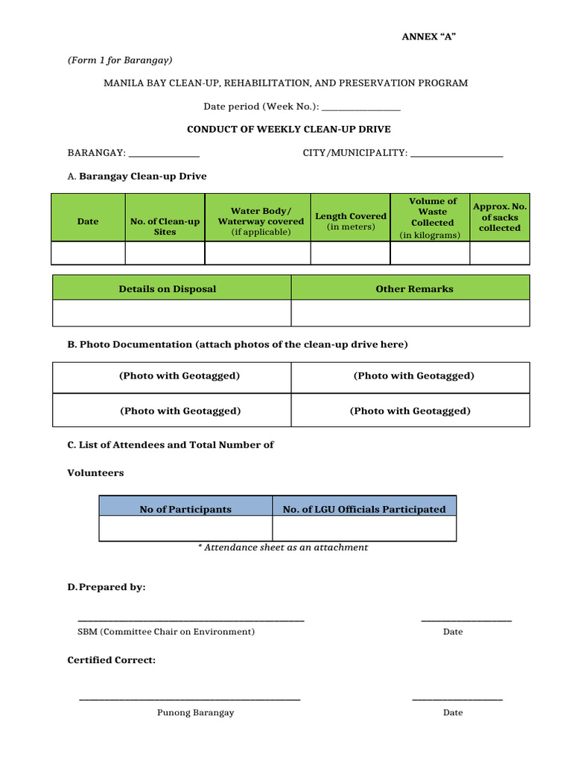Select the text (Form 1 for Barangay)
(x=120, y=60)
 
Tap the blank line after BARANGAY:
(x=164, y=154)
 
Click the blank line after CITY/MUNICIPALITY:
(x=457, y=154)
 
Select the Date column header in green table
(x=88, y=221)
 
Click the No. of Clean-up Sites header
(x=165, y=227)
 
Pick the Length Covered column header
(x=351, y=221)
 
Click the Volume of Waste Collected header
(x=433, y=218)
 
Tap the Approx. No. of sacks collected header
(x=500, y=217)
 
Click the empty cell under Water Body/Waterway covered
(x=257, y=253)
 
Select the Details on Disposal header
(x=168, y=289)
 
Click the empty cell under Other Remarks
(x=410, y=313)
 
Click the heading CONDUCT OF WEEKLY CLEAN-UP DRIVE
(x=288, y=129)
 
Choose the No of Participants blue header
(x=185, y=510)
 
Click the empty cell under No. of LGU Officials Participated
(x=364, y=528)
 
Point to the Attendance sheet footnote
(x=283, y=547)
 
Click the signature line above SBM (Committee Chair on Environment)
(x=191, y=620)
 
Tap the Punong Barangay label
(x=195, y=712)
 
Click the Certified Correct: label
(x=112, y=660)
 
